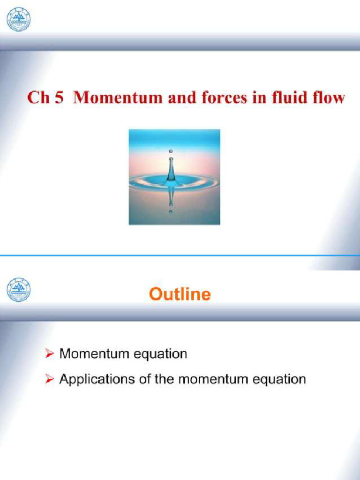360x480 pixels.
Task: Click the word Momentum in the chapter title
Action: (x=110, y=98)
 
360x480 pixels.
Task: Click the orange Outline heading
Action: (x=180, y=294)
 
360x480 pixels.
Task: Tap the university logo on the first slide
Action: (x=18, y=19)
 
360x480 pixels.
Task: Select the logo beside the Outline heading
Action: (x=18, y=290)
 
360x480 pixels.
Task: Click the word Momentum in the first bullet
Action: (x=92, y=353)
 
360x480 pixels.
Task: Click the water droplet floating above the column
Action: (x=170, y=151)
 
